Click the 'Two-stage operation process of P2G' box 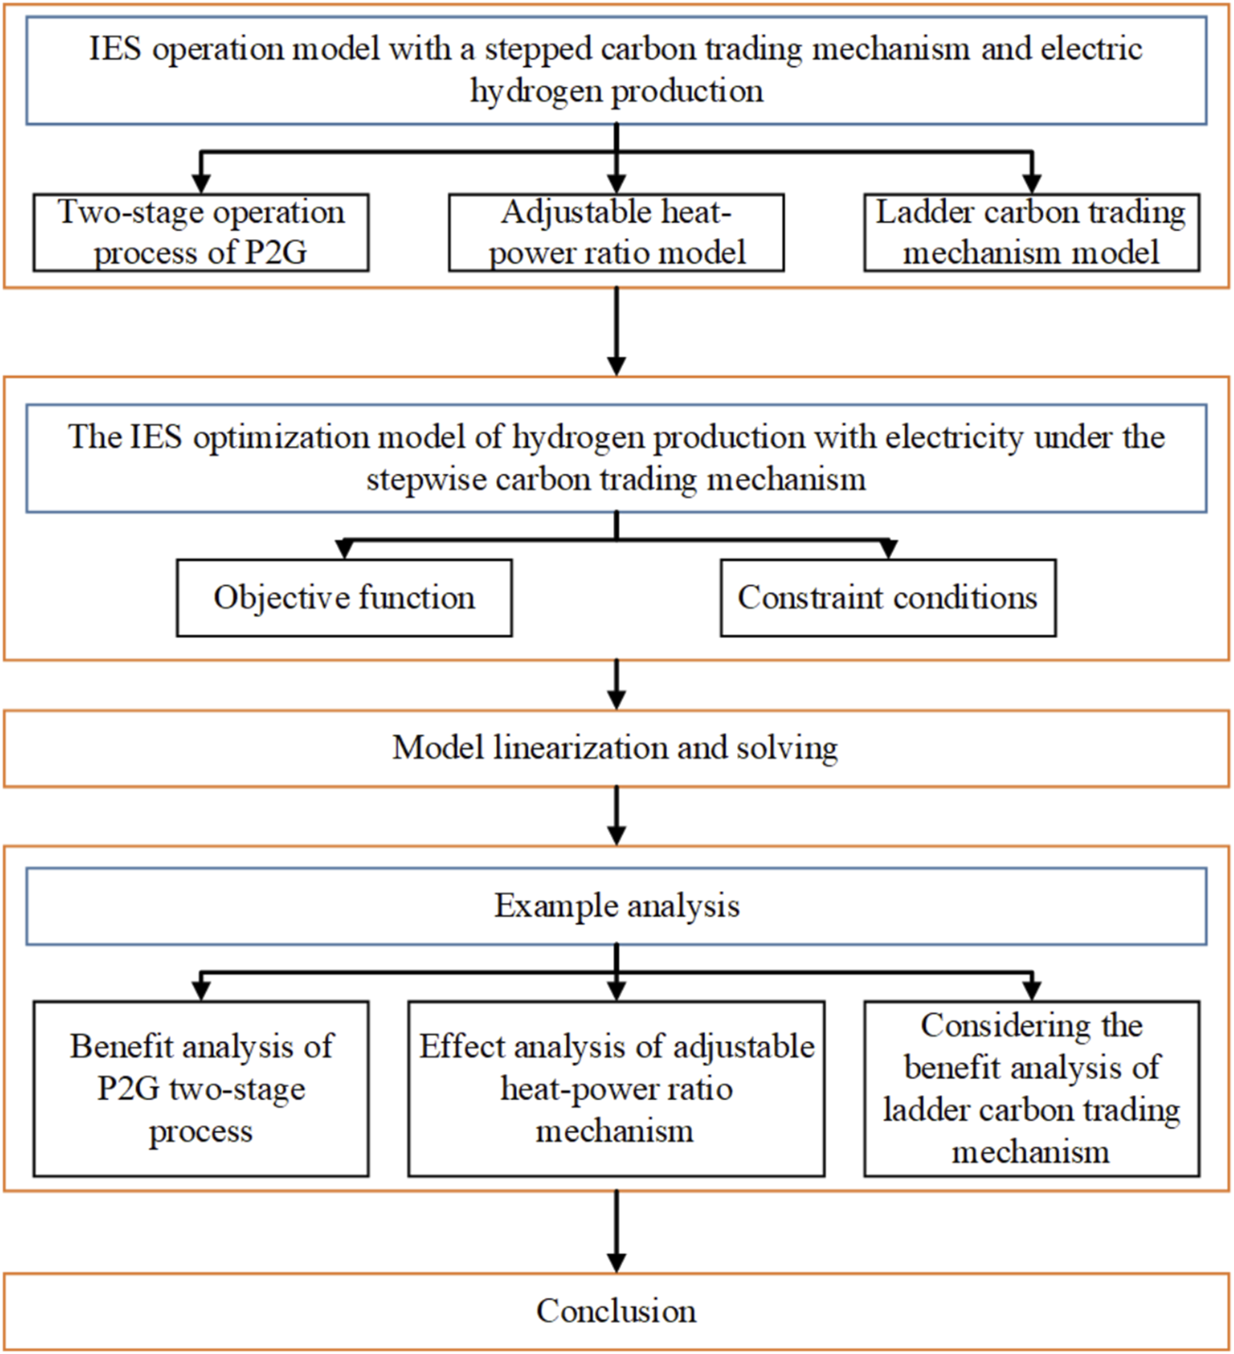200,232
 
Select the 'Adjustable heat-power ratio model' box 616,232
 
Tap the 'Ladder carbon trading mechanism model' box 1031,232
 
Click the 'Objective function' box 344,597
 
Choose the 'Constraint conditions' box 887,597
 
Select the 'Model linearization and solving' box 616,748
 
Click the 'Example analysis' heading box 616,906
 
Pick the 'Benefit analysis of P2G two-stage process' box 200,1088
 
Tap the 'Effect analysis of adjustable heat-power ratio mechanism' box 616,1088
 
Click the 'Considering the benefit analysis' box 1031,1088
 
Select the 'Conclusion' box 616,1311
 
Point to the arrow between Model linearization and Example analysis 616,816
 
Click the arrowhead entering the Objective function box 345,549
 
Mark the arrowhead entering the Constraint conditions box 887,549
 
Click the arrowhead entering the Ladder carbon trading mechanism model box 1032,182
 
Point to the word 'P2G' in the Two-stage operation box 274,253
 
